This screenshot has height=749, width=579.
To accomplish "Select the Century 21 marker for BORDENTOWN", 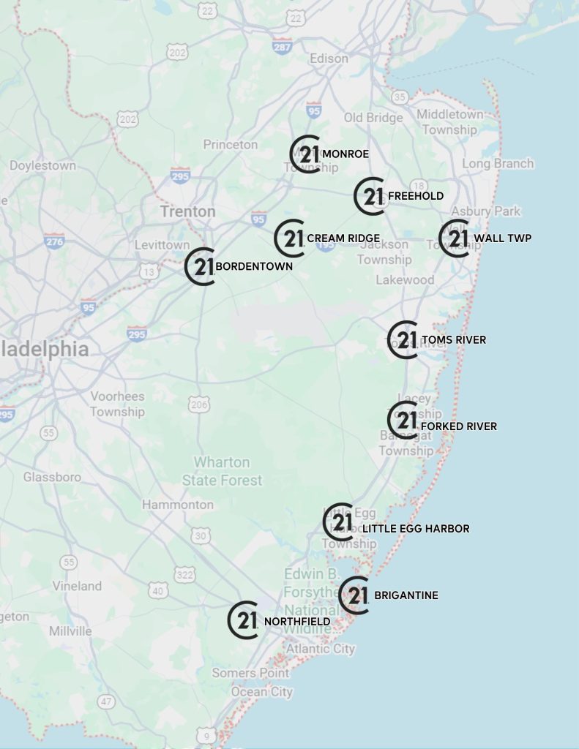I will [x=200, y=266].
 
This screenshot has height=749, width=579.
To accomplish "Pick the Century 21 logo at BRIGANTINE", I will [x=354, y=595].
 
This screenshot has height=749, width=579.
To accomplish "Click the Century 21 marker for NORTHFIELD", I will [x=244, y=620].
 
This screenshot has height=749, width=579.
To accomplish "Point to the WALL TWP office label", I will [x=502, y=238].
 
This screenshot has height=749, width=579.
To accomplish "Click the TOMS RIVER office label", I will [x=453, y=340].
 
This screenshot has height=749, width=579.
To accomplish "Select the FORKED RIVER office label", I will [x=459, y=426].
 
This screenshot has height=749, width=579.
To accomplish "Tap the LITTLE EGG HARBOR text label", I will [x=416, y=529].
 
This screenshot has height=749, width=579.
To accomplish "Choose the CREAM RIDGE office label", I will [x=343, y=238].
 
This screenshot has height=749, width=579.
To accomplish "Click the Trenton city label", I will [x=188, y=211].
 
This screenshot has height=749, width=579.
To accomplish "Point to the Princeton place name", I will [x=231, y=145].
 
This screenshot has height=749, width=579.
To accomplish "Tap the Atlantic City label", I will [x=320, y=649].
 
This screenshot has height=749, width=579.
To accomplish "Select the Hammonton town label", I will [x=178, y=505].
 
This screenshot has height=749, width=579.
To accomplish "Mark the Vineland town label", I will [x=77, y=586].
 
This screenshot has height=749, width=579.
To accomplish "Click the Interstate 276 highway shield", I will [x=54, y=241].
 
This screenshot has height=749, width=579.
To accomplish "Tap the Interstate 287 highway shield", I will [x=283, y=45].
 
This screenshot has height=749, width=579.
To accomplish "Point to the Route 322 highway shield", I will [x=185, y=575].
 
